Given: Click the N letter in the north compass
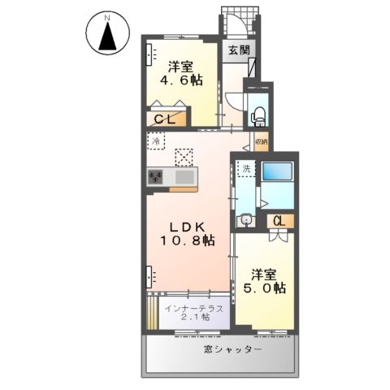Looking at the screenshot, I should tap(106, 17).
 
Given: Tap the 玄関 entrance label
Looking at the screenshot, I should tap(239, 50).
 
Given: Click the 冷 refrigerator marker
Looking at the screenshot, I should tap(155, 141).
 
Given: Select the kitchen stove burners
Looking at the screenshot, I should tap(156, 176).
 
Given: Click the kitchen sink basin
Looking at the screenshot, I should tap(184, 176).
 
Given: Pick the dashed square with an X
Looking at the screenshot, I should tap(185, 155).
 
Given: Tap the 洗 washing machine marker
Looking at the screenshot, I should tap(245, 169).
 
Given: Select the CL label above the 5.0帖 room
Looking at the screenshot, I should tap(279, 220).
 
